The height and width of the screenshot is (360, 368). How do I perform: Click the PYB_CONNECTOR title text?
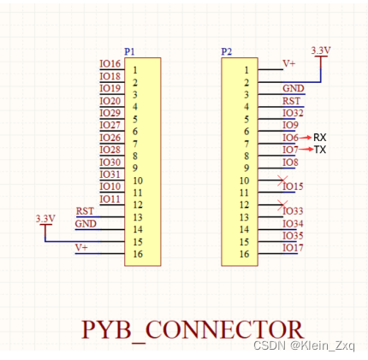pyautogui.click(x=192, y=329)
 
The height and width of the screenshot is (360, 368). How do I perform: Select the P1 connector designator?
pyautogui.click(x=129, y=51)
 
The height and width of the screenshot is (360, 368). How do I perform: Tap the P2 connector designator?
pyautogui.click(x=226, y=51)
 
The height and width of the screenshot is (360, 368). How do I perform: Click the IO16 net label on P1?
pyautogui.click(x=110, y=64)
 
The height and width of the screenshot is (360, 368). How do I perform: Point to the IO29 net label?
pyautogui.click(x=110, y=113)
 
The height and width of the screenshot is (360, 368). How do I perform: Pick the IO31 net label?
pyautogui.click(x=110, y=174)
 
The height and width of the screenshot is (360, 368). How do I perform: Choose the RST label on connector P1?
pyautogui.click(x=85, y=211)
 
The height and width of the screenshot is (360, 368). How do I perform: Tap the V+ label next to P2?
pyautogui.click(x=289, y=63)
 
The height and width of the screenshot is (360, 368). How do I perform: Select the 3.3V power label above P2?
pyautogui.click(x=321, y=50)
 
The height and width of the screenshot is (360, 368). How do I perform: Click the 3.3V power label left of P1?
pyautogui.click(x=45, y=219)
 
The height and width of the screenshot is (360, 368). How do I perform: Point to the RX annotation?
pyautogui.click(x=320, y=138)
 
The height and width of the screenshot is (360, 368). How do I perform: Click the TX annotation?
pyautogui.click(x=320, y=150)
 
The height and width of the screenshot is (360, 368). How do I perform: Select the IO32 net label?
pyautogui.click(x=293, y=113)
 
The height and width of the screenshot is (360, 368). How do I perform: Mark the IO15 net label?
pyautogui.click(x=293, y=186)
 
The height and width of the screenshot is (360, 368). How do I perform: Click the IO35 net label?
pyautogui.click(x=293, y=235)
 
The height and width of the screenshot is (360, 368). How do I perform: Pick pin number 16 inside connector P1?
pyautogui.click(x=138, y=253)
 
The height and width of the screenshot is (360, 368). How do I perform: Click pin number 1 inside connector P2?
pyautogui.click(x=246, y=70)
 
